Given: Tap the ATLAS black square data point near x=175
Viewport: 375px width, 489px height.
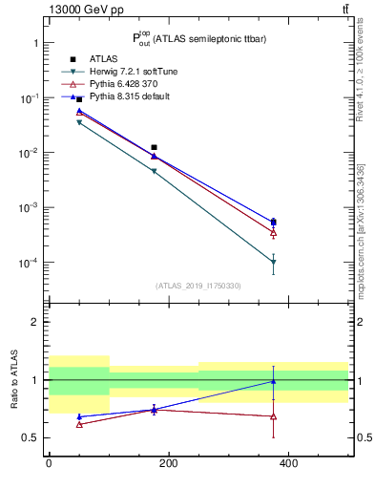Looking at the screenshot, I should [154, 147].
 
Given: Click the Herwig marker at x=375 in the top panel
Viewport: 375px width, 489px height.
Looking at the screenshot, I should [274, 262].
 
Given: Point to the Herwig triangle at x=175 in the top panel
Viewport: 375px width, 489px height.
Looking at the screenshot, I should [154, 172].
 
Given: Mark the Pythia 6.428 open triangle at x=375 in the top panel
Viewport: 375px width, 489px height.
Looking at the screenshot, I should [274, 232].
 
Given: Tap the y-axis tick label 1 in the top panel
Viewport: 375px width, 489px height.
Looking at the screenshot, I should [34, 44].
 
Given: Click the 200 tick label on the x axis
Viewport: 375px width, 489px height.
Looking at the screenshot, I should [168, 463].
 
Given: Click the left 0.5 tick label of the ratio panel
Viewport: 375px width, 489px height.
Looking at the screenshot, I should [30, 438].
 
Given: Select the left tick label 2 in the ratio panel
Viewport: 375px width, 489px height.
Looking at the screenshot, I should [34, 322].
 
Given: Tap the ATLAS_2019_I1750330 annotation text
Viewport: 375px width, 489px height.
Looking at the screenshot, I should [198, 286].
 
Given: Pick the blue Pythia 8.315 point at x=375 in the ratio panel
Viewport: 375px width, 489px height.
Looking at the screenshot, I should [274, 381].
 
